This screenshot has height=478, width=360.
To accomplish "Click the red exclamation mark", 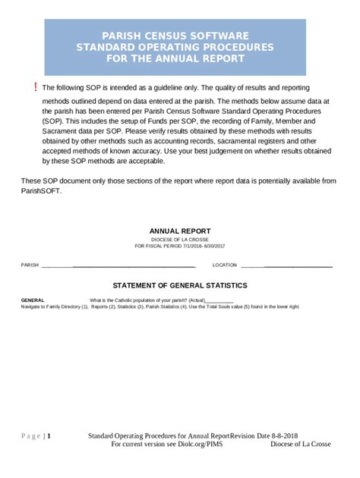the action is [34, 88].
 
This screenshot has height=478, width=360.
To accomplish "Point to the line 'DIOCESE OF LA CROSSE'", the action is [180, 239].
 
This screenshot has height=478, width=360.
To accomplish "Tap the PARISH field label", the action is [30, 266].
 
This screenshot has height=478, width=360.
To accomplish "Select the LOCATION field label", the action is [225, 266].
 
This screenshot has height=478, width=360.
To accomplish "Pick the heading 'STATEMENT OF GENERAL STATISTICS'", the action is [180, 285].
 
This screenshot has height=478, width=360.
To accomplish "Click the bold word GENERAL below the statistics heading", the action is [33, 300].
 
